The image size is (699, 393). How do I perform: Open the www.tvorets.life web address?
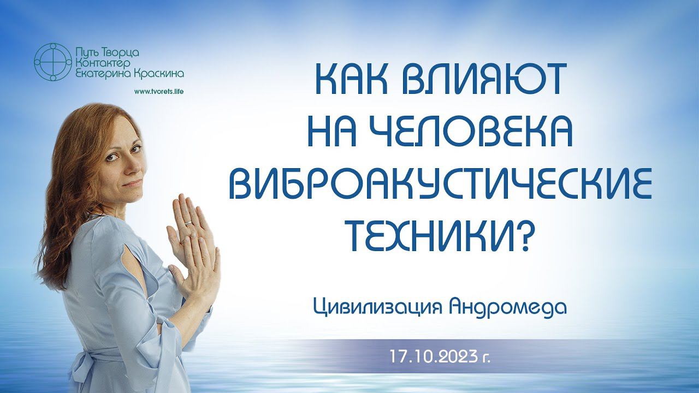[159, 92]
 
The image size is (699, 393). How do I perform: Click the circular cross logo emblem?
[52, 62]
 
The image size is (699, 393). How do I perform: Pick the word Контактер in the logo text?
[103, 64]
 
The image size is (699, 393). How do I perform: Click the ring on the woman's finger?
[189, 223]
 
